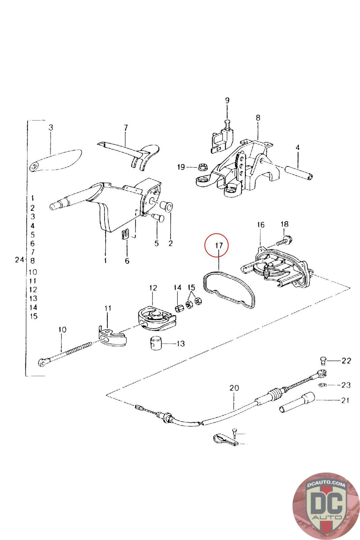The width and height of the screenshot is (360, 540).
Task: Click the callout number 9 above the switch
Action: coord(227,101)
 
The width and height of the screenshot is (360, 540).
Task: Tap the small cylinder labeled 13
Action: coord(155,344)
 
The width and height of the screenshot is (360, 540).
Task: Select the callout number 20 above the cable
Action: coord(234,388)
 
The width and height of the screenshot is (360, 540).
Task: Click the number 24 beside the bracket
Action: coord(20,260)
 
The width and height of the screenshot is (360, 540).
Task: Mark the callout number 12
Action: coord(153,288)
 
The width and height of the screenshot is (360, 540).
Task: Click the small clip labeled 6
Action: coord(126,234)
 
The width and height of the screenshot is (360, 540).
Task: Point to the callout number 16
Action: coord(261,225)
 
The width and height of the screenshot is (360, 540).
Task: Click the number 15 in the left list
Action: coord(33,316)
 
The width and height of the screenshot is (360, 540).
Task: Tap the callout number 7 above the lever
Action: coord(126,128)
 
